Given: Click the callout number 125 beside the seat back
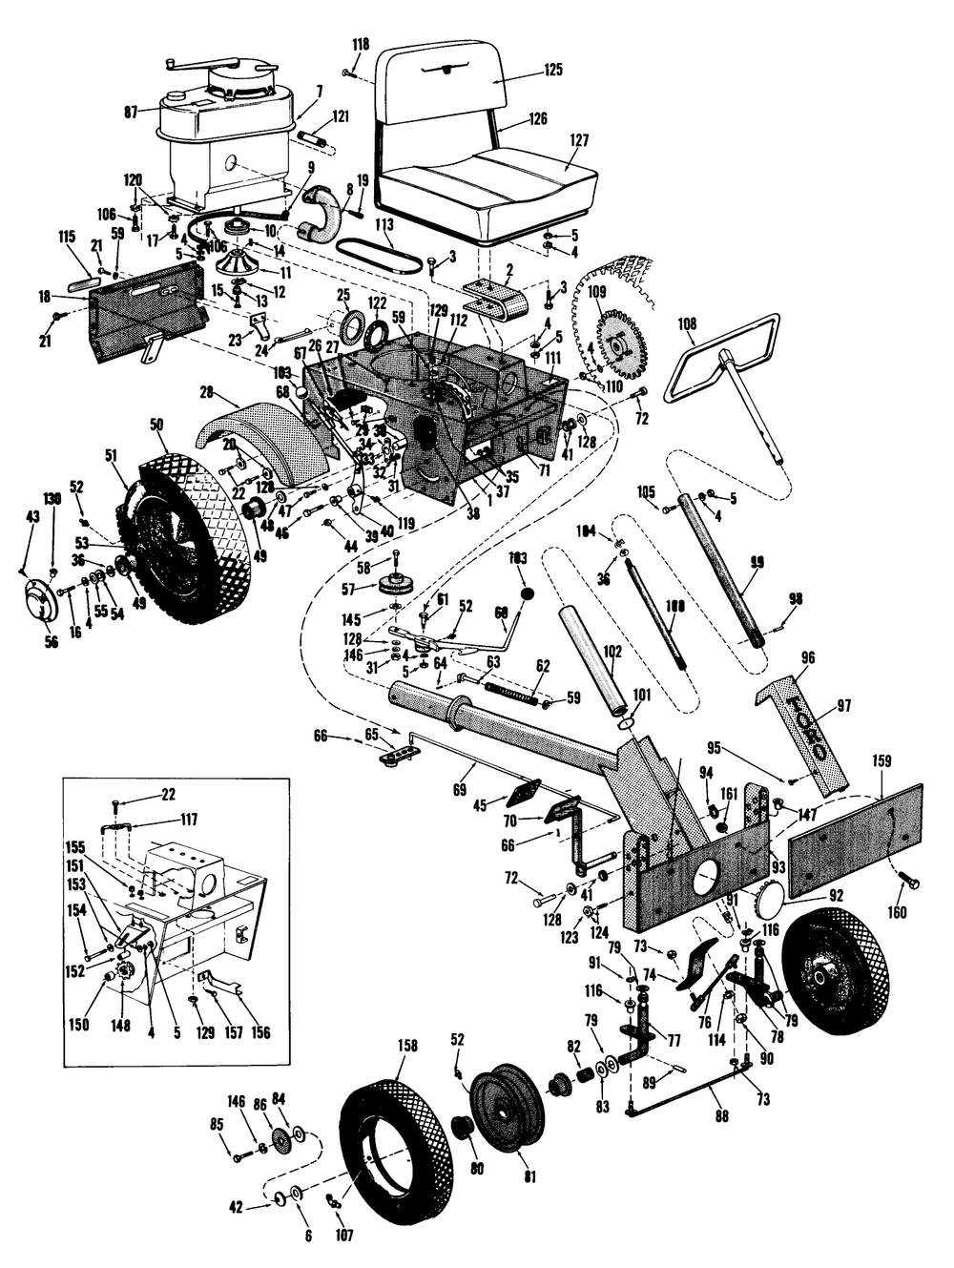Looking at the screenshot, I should (x=553, y=70).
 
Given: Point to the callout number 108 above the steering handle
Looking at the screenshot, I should (x=687, y=324).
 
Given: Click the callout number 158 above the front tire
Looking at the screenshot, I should (x=407, y=1046).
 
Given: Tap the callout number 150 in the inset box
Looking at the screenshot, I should (x=79, y=1025).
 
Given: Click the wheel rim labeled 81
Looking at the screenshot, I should (x=506, y=1097).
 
